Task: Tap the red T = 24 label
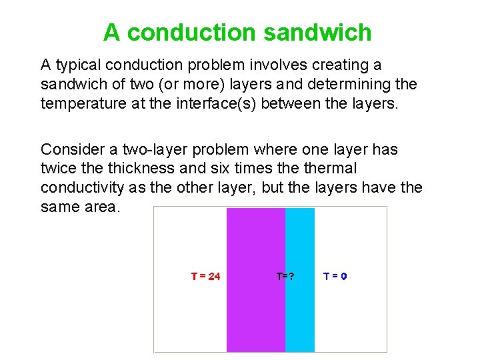coord(205,276)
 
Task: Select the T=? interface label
coord(285,276)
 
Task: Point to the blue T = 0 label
coord(335,276)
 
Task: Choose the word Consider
coord(71,149)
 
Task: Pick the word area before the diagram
coord(100,207)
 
